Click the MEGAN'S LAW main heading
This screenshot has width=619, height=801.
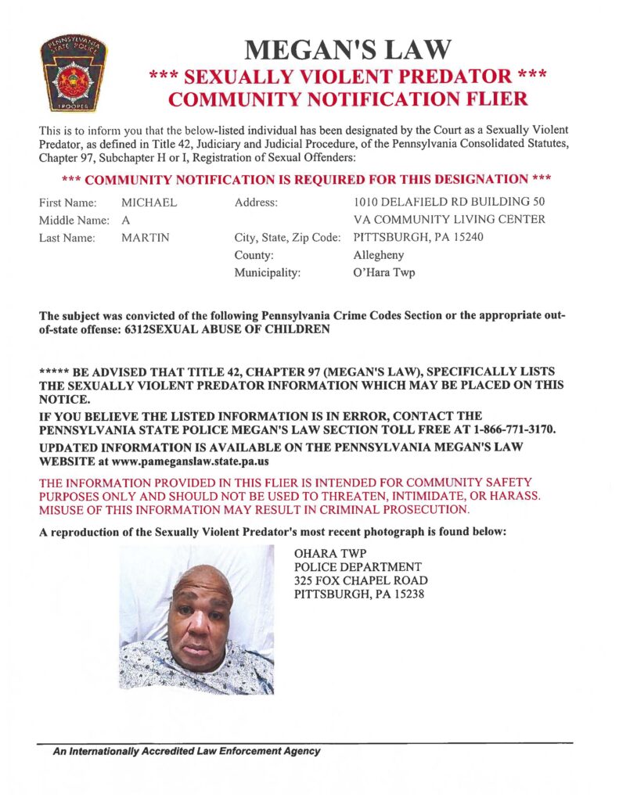[x=347, y=49]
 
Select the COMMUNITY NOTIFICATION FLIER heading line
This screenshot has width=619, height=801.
[x=348, y=99]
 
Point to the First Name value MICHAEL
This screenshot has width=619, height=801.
[x=149, y=203]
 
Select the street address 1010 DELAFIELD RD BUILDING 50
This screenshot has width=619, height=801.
[x=449, y=203]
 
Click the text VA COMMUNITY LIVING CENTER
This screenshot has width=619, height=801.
[x=449, y=220]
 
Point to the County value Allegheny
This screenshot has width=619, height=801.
[x=380, y=255]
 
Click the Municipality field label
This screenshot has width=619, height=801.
[x=267, y=273]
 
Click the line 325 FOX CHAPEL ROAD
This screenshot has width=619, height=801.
[x=361, y=580]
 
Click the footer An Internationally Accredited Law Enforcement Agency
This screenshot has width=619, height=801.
[x=186, y=751]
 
